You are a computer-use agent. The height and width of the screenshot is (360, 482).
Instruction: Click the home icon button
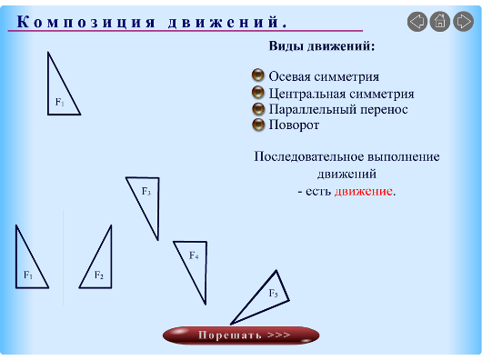pos(440,22)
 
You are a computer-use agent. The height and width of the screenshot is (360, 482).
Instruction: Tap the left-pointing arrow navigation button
pos(417,22)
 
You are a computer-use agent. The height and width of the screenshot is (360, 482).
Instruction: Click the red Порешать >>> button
pos(241,335)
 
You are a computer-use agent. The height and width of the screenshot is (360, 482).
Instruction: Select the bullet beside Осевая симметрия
pos(258,75)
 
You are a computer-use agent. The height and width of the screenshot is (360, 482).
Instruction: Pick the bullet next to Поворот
pos(258,125)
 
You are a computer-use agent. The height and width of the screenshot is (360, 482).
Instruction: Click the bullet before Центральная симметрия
pos(258,93)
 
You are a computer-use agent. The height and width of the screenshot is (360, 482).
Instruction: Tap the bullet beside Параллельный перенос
pos(258,109)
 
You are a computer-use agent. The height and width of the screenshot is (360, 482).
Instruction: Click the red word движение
pos(364,192)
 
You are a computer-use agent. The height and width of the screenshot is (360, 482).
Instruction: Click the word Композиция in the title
pos(86,22)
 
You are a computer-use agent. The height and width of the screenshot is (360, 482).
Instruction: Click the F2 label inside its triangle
pos(99,275)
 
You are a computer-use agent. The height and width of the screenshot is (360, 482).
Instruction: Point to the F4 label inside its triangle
pos(194,255)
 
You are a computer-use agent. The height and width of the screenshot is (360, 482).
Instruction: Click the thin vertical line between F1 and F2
pos(64,257)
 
